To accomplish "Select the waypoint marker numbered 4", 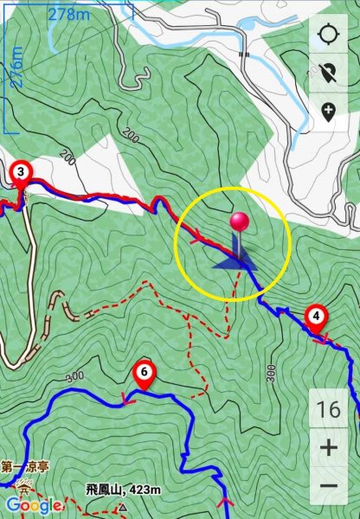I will (x=317, y=317).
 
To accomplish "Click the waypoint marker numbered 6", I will (x=144, y=374).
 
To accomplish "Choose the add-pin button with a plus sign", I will (x=328, y=111).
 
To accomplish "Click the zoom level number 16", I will (x=328, y=409).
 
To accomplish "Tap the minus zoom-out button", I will (x=328, y=486).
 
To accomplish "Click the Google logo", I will (x=33, y=505).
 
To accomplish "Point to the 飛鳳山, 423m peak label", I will (x=123, y=490).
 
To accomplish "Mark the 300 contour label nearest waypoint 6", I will (x=75, y=378).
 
